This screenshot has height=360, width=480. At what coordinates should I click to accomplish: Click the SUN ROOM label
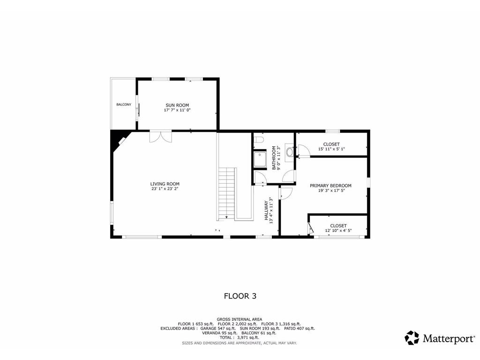[177, 105]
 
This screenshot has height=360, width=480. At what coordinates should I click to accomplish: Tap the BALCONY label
[124, 105]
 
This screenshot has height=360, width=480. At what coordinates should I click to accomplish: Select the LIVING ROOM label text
[165, 184]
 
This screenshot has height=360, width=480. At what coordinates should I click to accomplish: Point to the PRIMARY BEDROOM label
[330, 186]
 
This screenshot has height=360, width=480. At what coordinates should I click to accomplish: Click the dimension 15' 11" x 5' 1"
[331, 149]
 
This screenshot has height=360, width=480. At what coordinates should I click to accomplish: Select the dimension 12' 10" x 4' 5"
[338, 231]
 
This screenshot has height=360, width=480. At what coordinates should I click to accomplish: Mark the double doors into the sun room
[160, 136]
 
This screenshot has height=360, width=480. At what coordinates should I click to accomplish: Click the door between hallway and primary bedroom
[286, 192]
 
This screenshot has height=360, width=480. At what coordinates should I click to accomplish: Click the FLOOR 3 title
[240, 296]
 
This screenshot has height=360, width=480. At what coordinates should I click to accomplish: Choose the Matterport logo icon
[412, 338]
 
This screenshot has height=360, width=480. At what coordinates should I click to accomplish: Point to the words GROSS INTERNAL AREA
[240, 319]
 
